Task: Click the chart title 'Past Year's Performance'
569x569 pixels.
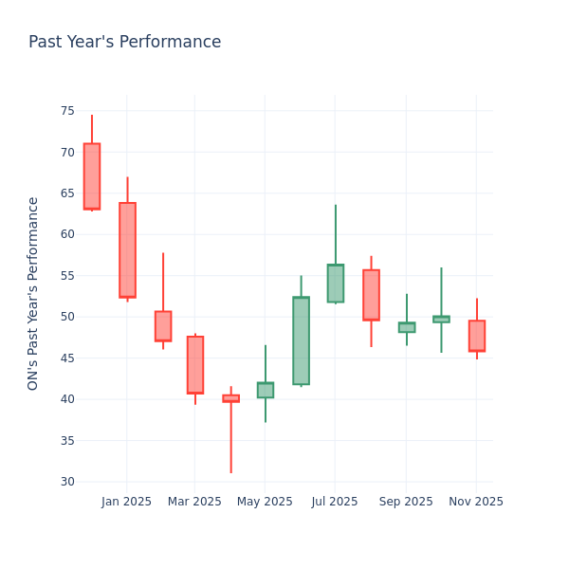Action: click(x=124, y=43)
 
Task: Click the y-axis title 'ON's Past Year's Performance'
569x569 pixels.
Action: click(x=34, y=293)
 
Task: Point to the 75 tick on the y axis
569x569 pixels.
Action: click(x=66, y=111)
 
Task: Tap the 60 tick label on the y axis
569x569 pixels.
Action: click(x=66, y=234)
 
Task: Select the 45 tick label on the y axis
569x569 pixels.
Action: click(x=66, y=358)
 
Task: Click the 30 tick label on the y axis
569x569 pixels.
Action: click(x=66, y=481)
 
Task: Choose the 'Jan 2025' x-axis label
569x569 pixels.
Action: click(x=127, y=502)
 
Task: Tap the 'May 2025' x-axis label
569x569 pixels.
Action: click(x=265, y=502)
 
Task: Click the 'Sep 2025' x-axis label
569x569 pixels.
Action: click(x=406, y=502)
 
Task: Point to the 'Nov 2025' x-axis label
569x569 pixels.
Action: click(x=476, y=502)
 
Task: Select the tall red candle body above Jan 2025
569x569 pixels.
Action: click(x=127, y=249)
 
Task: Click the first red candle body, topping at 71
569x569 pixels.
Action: click(x=92, y=176)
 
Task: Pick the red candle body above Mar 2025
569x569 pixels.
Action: click(x=195, y=364)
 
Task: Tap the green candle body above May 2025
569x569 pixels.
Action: click(x=265, y=390)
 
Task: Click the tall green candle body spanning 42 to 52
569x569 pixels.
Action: click(x=301, y=340)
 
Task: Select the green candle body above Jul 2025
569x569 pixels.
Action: click(x=336, y=283)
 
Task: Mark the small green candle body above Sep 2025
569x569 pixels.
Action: click(x=406, y=327)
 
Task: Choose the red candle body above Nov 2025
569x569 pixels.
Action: click(x=476, y=336)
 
